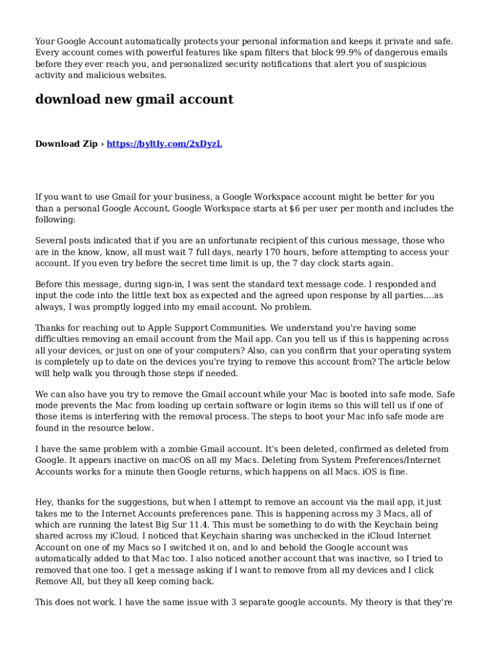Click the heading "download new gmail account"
click(x=134, y=100)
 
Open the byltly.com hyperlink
click(x=164, y=144)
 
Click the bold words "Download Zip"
click(x=66, y=144)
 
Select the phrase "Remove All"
click(x=61, y=581)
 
